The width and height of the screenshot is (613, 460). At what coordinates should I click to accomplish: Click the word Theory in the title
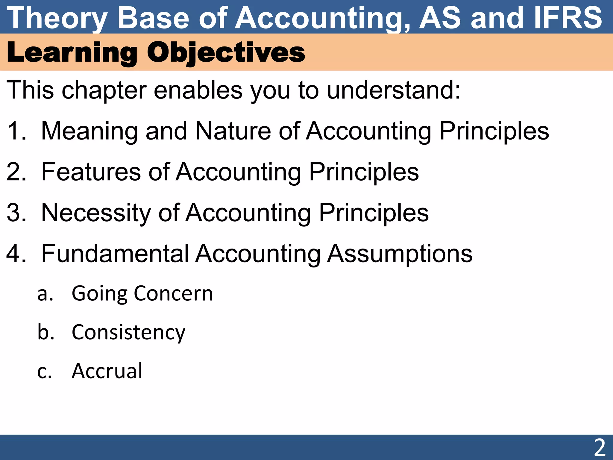coord(57,19)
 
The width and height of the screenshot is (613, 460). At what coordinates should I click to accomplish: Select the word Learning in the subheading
coord(72,52)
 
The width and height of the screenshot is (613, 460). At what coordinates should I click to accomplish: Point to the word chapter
coord(104,90)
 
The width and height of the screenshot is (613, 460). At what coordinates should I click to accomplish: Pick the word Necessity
coord(96,213)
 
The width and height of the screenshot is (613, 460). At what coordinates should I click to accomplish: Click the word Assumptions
coord(400,254)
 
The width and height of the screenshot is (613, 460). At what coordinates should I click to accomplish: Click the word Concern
coord(173,293)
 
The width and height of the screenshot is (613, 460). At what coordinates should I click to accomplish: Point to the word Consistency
coord(129,332)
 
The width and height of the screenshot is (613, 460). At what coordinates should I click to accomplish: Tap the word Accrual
coord(107,371)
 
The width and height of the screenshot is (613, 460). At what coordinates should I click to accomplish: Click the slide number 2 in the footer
coord(600,447)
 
